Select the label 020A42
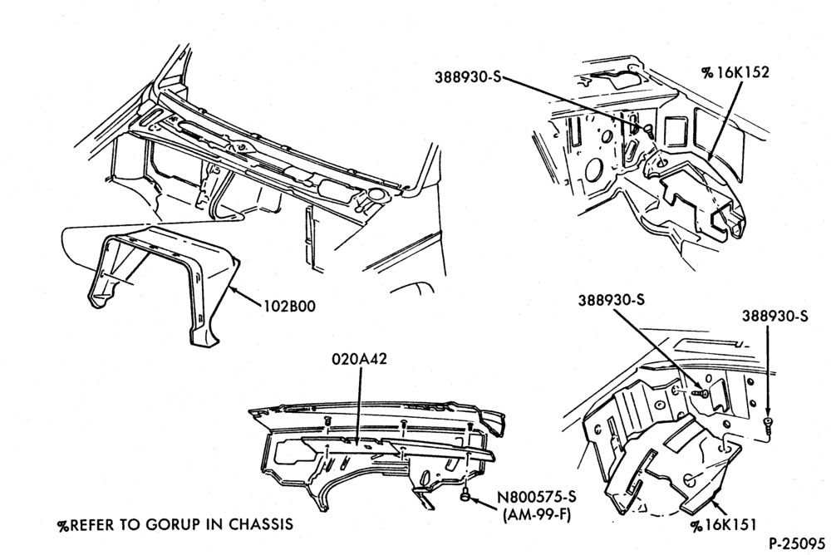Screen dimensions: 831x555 point(359,359)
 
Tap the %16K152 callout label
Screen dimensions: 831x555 point(735,72)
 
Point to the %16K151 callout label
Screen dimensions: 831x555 point(723,525)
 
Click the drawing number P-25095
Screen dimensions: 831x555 point(797,544)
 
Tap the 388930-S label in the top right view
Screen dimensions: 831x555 point(468,77)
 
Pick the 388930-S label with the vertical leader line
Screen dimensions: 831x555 point(774,316)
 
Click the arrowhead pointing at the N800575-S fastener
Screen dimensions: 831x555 point(475,499)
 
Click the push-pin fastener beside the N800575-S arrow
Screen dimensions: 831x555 point(465,495)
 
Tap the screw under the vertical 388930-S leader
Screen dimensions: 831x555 point(767,422)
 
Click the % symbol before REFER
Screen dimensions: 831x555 point(64,525)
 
